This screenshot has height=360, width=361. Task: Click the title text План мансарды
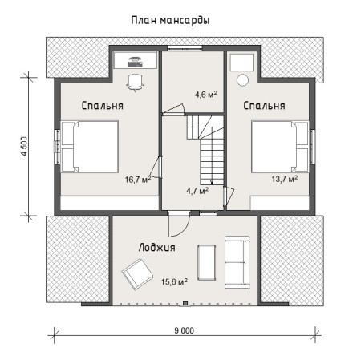[170, 20]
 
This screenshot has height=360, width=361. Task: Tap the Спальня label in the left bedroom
[103, 105]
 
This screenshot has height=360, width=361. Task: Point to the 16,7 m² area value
[138, 180]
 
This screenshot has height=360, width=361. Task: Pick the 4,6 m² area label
[205, 95]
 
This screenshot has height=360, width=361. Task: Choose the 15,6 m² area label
[174, 281]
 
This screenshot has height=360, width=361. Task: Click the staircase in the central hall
[209, 152]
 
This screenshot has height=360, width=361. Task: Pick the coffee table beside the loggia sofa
[206, 261]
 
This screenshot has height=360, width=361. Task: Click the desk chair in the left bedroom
[135, 79]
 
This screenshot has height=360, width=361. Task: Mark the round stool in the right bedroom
[244, 79]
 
